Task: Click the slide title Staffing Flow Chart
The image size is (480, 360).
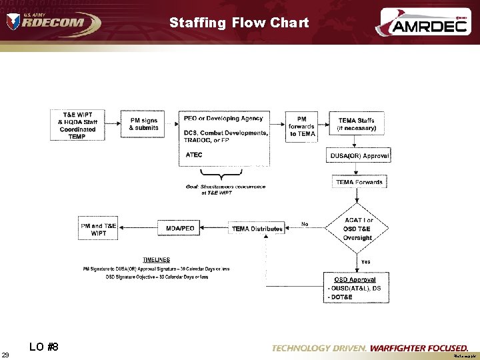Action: pyautogui.click(x=239, y=23)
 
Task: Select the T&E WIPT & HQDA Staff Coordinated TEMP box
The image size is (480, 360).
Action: pyautogui.click(x=77, y=125)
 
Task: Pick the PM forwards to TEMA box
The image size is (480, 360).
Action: pyautogui.click(x=302, y=125)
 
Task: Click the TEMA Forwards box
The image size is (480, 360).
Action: pyautogui.click(x=359, y=182)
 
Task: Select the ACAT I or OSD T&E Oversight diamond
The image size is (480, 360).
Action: pyautogui.click(x=359, y=229)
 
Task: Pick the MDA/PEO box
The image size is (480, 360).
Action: pyautogui.click(x=180, y=229)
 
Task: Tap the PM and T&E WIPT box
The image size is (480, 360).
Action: pyautogui.click(x=98, y=229)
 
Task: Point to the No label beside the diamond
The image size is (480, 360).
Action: pyautogui.click(x=305, y=224)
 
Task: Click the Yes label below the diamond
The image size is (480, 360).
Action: pyautogui.click(x=365, y=262)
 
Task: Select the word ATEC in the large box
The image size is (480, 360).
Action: pyautogui.click(x=194, y=155)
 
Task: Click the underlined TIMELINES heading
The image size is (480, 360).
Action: pyautogui.click(x=157, y=260)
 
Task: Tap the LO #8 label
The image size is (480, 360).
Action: pyautogui.click(x=44, y=347)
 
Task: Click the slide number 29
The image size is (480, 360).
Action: pyautogui.click(x=5, y=354)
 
